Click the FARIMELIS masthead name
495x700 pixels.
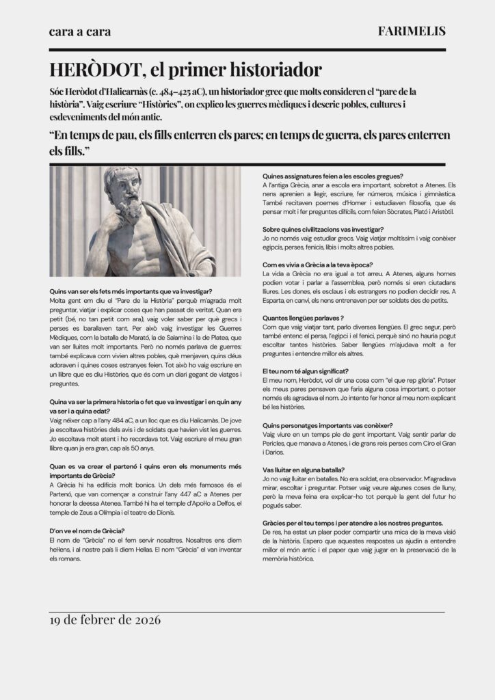click(x=411, y=31)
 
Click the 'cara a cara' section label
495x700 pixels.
click(x=80, y=32)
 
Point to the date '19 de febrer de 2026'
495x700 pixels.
click(x=105, y=621)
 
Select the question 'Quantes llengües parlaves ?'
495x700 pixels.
click(x=303, y=318)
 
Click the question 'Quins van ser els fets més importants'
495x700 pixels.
click(x=131, y=292)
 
